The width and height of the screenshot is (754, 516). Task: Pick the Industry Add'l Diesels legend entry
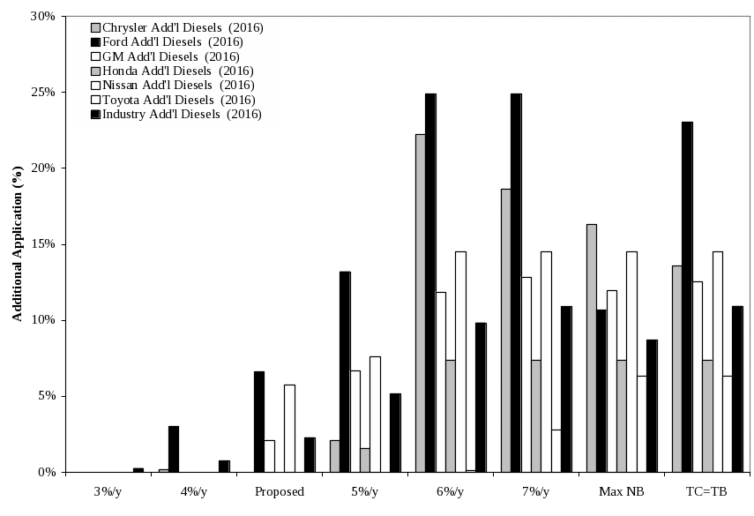coord(181,114)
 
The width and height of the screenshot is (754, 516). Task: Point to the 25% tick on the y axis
coord(46,92)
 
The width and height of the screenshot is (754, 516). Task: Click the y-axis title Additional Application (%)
coord(17,244)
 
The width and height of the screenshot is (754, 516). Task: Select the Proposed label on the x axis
coord(280,491)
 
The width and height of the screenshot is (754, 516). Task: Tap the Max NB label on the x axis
coord(623,491)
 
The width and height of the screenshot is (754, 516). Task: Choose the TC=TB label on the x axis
coord(708,491)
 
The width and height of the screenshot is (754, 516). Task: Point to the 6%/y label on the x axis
coord(452,491)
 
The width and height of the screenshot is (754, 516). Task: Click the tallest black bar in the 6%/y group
coord(430,282)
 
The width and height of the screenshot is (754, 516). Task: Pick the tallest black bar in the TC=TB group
coord(687,296)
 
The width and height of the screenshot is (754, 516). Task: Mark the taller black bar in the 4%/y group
coord(174,449)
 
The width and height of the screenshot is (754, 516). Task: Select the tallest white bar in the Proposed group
coord(289,428)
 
